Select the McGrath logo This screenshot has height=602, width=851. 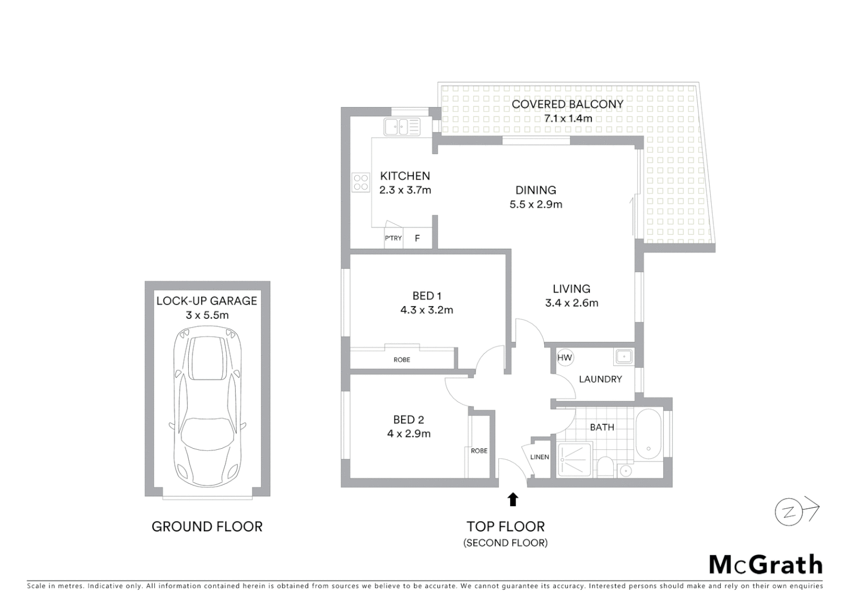pyautogui.click(x=766, y=565)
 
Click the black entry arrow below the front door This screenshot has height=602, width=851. pyautogui.click(x=513, y=499)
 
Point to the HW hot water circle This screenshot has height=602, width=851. pyautogui.click(x=565, y=358)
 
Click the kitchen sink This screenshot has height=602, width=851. pyautogui.click(x=401, y=127)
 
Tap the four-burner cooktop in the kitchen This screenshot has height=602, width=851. pyautogui.click(x=361, y=182)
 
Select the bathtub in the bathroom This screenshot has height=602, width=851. pyautogui.click(x=648, y=435)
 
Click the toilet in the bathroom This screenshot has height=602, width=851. pyautogui.click(x=604, y=467)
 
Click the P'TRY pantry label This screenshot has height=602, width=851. pyautogui.click(x=393, y=238)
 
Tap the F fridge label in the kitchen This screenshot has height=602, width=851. pyautogui.click(x=417, y=239)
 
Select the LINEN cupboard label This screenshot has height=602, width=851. pyautogui.click(x=540, y=457)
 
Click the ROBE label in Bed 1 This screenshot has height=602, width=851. pyautogui.click(x=402, y=360)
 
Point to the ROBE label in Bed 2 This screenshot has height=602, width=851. pyautogui.click(x=479, y=451)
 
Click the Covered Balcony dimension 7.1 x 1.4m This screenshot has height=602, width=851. pyautogui.click(x=568, y=118)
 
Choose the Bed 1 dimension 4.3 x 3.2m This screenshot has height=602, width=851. pyautogui.click(x=427, y=310)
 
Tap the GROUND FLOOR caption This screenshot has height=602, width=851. pyautogui.click(x=207, y=526)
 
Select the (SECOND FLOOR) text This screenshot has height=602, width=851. pyautogui.click(x=505, y=543)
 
